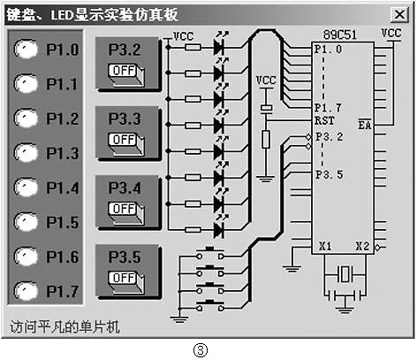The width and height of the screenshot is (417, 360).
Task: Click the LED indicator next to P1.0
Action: point(27,51)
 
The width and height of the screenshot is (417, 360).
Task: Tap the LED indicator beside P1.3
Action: point(27,153)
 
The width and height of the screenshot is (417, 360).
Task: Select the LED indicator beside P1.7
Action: point(27,290)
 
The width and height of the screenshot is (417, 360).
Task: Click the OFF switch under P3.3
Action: point(124,139)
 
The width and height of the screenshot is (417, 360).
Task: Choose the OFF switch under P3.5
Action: point(124,278)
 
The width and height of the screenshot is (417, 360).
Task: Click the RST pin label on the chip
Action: point(323,119)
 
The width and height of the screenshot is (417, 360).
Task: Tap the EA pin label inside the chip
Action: point(364,126)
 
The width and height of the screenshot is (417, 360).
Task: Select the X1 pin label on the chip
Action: point(324,247)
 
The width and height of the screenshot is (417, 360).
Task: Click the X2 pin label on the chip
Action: point(362,247)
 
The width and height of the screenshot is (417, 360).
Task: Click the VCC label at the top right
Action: point(390,33)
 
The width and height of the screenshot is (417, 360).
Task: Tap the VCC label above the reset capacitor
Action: point(265,80)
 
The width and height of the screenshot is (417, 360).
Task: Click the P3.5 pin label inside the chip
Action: point(329,174)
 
